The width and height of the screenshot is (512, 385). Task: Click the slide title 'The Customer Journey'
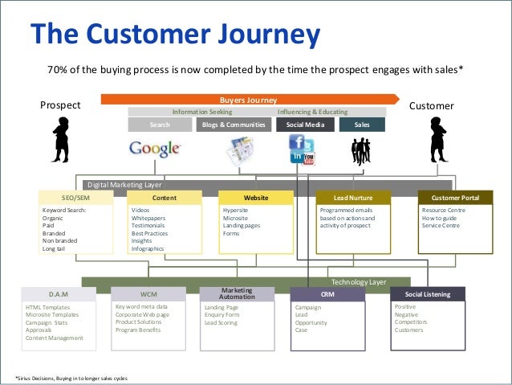(x=175, y=35)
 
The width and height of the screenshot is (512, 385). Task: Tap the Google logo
(x=155, y=149)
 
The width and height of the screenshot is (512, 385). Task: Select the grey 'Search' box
(x=160, y=125)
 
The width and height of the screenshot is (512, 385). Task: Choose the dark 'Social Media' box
(x=302, y=125)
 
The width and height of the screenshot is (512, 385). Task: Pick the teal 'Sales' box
(x=362, y=125)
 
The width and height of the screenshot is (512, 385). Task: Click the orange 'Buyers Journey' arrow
(x=249, y=100)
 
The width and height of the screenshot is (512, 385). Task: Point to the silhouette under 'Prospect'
(x=60, y=140)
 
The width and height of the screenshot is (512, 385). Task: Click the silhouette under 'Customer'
(x=437, y=140)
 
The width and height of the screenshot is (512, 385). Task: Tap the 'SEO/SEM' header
(x=76, y=197)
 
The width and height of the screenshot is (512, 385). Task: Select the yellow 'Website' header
(x=256, y=197)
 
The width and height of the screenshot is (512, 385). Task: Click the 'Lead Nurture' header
(x=354, y=197)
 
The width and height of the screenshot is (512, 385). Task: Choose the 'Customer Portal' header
(x=455, y=197)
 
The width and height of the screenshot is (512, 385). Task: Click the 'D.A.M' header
(x=58, y=294)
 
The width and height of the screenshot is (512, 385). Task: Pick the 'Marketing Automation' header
(x=237, y=293)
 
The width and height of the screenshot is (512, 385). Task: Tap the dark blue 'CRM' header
(x=327, y=294)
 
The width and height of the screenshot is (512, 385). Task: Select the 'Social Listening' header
(x=428, y=294)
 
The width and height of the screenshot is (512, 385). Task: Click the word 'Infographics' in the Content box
(x=148, y=248)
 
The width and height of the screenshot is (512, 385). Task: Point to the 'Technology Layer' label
(x=359, y=282)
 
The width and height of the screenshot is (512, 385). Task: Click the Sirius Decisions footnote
(x=71, y=378)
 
